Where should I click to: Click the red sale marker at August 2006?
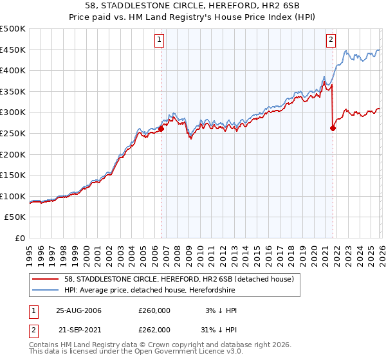pyautogui.click(x=161, y=129)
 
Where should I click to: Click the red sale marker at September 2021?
pyautogui.click(x=333, y=128)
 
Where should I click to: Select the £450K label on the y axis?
pyautogui.click(x=13, y=50)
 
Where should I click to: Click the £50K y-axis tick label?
pyautogui.click(x=15, y=217)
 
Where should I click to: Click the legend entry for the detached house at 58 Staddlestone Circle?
pyautogui.click(x=179, y=279)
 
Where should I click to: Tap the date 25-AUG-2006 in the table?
pyautogui.click(x=78, y=310)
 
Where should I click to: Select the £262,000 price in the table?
pyautogui.click(x=154, y=329)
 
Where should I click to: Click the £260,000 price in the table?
pyautogui.click(x=154, y=310)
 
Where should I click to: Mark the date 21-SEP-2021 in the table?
pyautogui.click(x=78, y=329)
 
